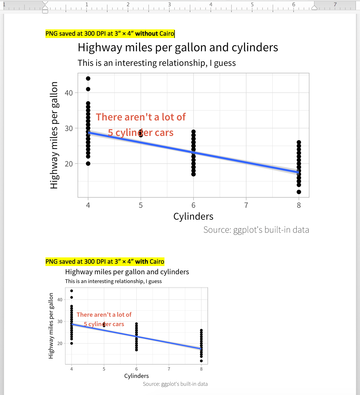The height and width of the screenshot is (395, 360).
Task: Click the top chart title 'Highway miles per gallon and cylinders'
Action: click(x=178, y=48)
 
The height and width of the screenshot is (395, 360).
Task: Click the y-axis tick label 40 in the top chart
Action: click(x=69, y=93)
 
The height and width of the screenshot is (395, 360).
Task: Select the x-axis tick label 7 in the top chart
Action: click(x=246, y=205)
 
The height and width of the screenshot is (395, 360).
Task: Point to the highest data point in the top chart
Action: click(x=88, y=79)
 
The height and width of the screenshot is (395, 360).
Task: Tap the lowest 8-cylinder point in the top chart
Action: click(x=299, y=192)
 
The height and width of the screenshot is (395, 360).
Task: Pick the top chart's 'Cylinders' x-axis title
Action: click(x=193, y=217)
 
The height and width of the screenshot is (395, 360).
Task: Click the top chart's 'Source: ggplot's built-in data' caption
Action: click(x=256, y=230)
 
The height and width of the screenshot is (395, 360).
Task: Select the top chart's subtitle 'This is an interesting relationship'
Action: click(x=156, y=63)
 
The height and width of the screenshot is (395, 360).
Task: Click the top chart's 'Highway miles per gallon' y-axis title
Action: click(x=54, y=135)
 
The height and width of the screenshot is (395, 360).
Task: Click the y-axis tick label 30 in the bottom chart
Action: click(x=60, y=322)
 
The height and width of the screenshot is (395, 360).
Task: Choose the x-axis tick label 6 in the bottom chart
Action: click(x=137, y=369)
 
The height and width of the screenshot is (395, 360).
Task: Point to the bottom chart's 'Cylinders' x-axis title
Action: click(x=136, y=376)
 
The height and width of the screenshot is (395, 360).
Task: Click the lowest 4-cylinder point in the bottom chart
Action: click(x=72, y=343)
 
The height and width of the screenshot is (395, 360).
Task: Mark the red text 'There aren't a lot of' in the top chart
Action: click(x=141, y=117)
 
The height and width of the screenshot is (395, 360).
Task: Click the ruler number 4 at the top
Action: click(x=211, y=4)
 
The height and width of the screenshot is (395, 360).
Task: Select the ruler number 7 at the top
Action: click(x=335, y=4)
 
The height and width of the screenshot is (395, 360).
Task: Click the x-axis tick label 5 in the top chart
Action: click(x=141, y=205)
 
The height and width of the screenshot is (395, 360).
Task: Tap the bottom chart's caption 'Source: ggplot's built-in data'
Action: click(x=175, y=384)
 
